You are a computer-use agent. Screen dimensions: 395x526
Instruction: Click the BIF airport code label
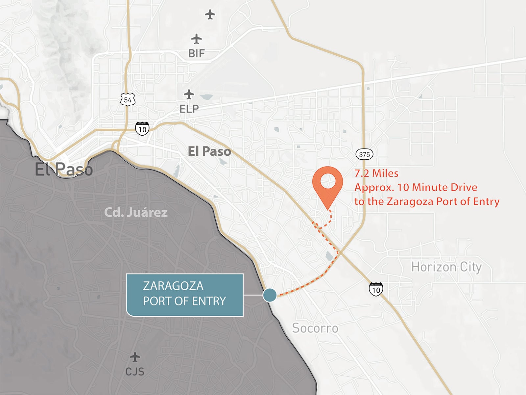[x=197, y=53]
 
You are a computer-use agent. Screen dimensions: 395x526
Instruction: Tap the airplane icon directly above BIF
[x=197, y=39]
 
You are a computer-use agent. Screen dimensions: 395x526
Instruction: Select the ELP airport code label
[x=189, y=109]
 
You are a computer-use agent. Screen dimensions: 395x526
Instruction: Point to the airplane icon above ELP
[x=189, y=94]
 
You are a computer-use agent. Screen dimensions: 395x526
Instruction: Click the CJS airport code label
[x=135, y=372]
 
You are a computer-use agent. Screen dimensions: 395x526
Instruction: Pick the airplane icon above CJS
[x=135, y=357]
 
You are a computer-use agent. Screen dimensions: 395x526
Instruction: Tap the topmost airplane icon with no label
[x=210, y=14]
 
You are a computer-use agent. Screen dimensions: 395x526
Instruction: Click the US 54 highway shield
[x=128, y=100]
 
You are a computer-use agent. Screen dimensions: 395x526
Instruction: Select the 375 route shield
[x=364, y=154]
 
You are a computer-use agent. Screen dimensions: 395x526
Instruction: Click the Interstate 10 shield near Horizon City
[x=376, y=289]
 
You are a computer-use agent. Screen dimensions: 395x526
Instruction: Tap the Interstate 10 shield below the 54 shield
[x=142, y=128]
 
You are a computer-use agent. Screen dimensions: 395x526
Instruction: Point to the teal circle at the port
[x=270, y=295]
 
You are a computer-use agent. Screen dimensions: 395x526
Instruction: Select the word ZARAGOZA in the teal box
[x=173, y=286]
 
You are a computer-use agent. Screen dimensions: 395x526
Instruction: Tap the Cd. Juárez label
[x=136, y=212]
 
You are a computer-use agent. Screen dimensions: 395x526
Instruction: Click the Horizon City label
[x=446, y=267]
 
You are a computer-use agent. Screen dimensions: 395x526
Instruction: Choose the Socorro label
[x=315, y=328]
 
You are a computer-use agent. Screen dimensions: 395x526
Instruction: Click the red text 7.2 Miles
[x=376, y=173]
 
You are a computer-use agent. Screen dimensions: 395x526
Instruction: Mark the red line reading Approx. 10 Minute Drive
[x=416, y=187]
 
